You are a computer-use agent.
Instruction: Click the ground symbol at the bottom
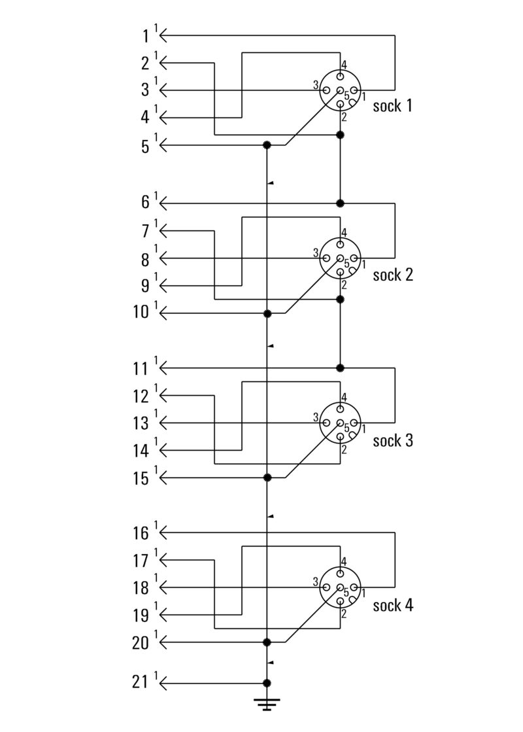tap(267, 704)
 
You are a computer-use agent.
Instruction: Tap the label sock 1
tap(392, 105)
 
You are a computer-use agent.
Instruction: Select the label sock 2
tap(393, 274)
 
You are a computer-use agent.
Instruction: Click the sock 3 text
tap(393, 440)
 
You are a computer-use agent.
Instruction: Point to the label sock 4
tap(393, 605)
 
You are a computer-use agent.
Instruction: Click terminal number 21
tap(141, 684)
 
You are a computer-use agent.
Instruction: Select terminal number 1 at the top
tap(145, 35)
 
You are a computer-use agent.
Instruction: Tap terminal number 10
tap(141, 313)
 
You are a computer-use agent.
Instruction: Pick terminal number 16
tap(141, 533)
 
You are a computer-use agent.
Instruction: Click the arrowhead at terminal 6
tap(163, 203)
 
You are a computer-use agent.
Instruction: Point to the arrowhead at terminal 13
tap(163, 422)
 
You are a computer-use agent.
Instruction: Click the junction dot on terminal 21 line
tap(267, 684)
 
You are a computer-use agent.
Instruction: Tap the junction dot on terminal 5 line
tap(267, 145)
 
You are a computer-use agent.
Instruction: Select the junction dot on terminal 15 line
tap(267, 478)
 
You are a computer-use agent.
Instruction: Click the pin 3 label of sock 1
tap(315, 86)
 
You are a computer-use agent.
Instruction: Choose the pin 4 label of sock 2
tap(344, 232)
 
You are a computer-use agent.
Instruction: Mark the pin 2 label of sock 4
tap(343, 614)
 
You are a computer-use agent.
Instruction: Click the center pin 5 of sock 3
tap(340, 423)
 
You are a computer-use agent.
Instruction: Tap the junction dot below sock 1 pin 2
tap(340, 135)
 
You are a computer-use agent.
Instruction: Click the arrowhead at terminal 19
tap(163, 615)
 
